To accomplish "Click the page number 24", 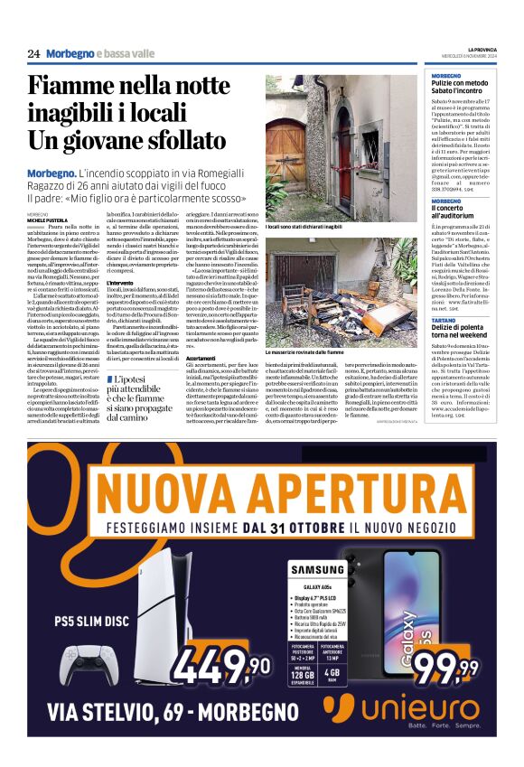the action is point(33,54).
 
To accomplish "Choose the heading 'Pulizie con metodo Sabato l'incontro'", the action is point(460,87).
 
